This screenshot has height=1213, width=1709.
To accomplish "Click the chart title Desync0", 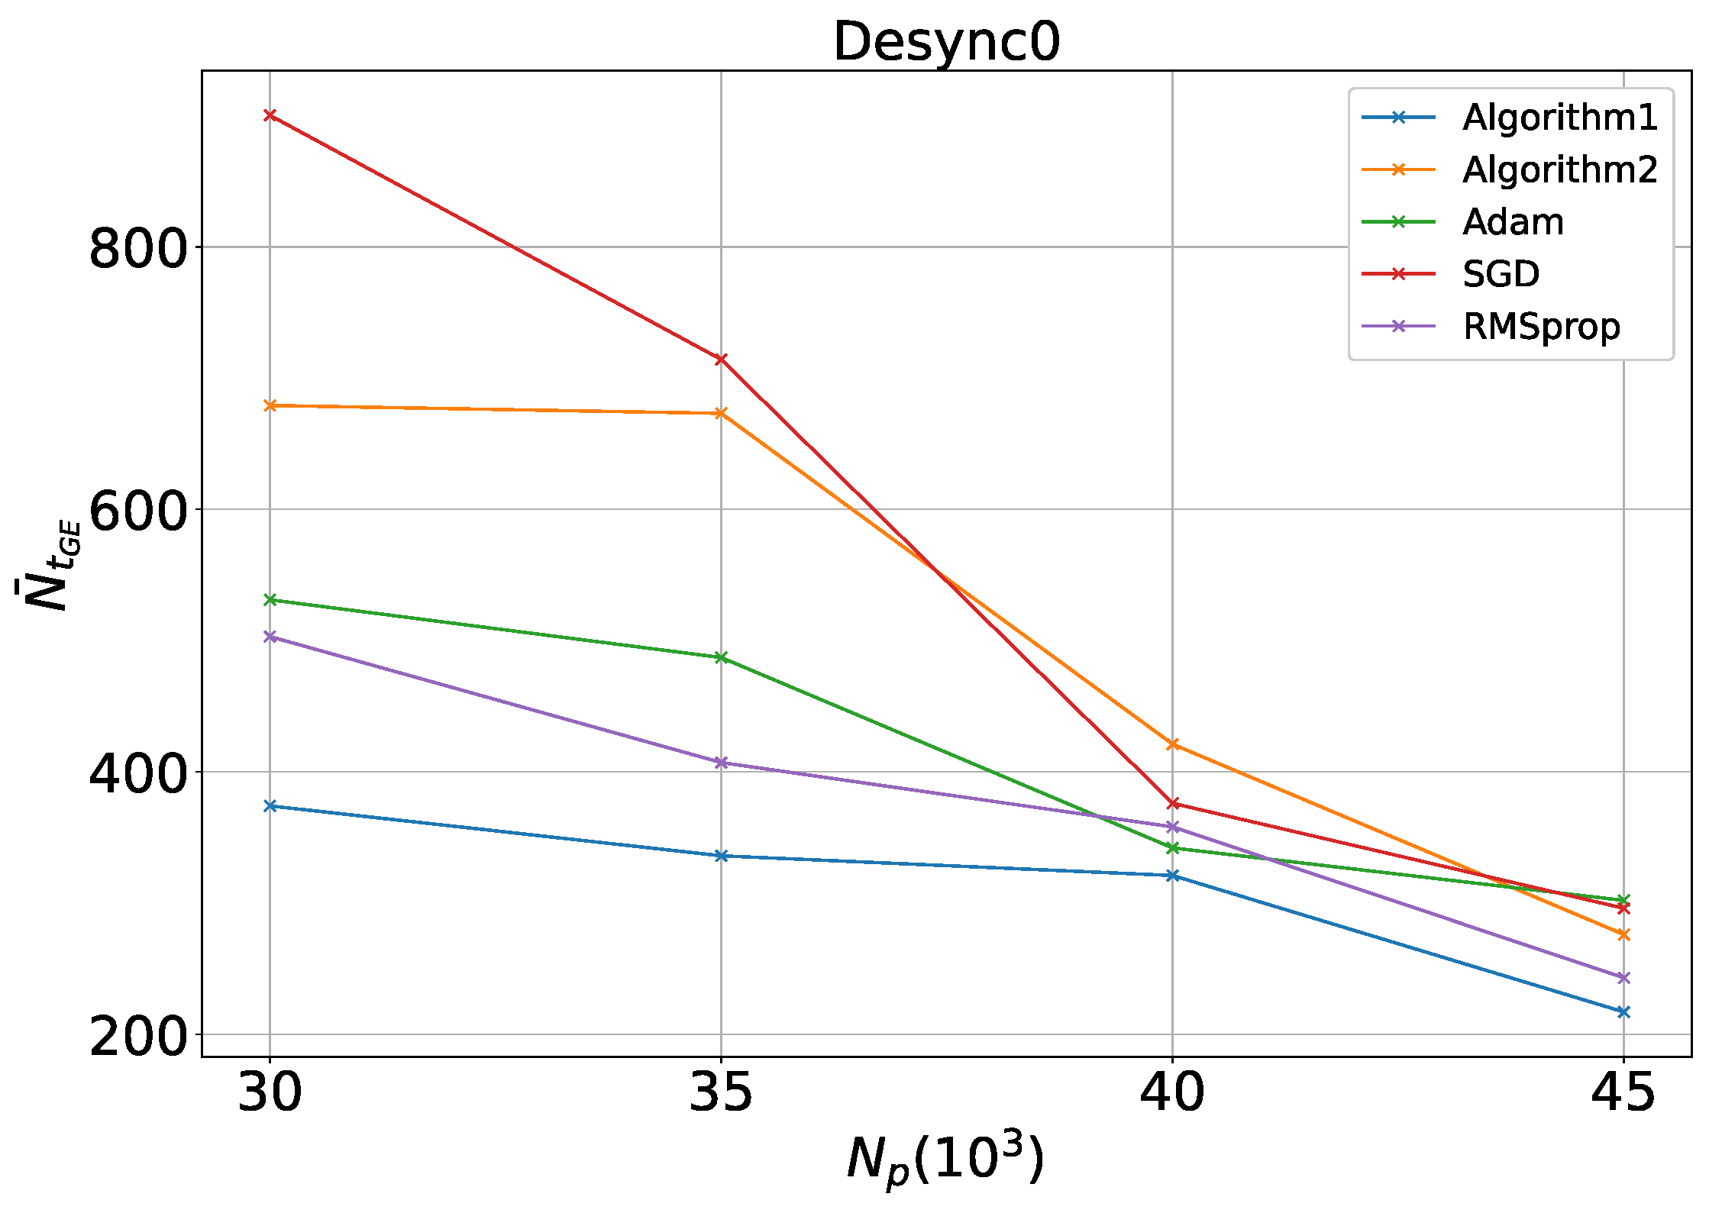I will [x=946, y=42].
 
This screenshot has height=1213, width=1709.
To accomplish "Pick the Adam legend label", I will [x=1513, y=222].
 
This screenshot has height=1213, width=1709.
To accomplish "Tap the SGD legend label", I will [x=1501, y=274].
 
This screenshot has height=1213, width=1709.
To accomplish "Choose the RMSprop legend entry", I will [x=1541, y=327].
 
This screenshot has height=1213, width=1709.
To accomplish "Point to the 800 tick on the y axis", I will [x=138, y=248].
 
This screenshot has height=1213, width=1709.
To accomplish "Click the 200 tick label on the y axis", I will [x=138, y=1037].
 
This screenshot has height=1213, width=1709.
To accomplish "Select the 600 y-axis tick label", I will [x=138, y=511].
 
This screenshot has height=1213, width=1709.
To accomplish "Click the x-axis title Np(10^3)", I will [x=945, y=1161].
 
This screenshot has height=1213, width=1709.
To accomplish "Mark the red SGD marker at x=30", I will [x=270, y=115].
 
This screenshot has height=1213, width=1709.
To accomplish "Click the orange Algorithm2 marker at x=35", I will [x=721, y=413].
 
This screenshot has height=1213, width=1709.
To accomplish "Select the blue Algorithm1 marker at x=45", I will [x=1623, y=1011].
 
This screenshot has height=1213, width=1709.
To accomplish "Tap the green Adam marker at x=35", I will [x=721, y=657].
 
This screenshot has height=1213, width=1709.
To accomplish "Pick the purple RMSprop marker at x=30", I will [x=270, y=636].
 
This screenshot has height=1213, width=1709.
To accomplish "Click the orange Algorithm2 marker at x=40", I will [x=1173, y=744].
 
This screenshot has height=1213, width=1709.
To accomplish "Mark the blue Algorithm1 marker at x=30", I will [x=270, y=805].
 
